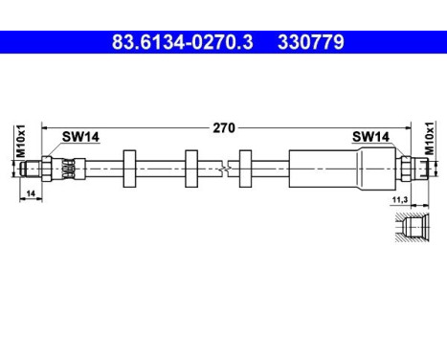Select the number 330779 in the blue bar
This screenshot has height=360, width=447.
(x=310, y=42)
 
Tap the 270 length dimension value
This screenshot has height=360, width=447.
(x=224, y=126)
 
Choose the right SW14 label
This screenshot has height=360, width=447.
(x=370, y=137)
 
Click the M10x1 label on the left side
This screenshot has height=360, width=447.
(x=19, y=142)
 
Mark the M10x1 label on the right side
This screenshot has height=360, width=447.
(x=430, y=142)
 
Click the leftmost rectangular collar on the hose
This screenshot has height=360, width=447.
(x=133, y=169)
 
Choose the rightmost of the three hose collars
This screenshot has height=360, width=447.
(x=247, y=169)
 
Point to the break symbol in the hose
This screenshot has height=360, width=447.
(x=223, y=169)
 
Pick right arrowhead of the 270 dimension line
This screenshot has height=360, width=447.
(x=407, y=126)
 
